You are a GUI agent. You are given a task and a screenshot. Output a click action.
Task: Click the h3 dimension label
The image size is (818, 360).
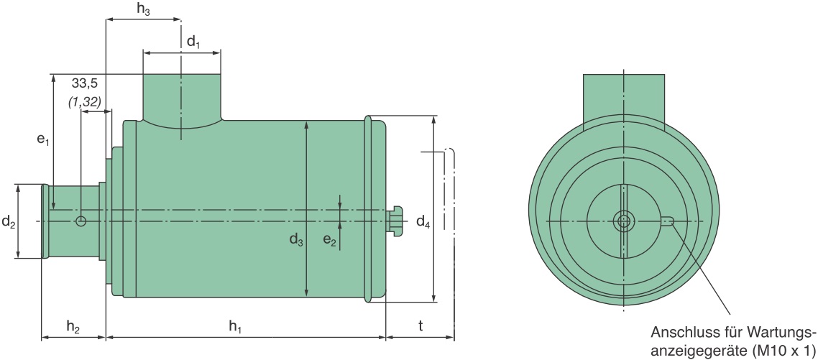click(x=144, y=9)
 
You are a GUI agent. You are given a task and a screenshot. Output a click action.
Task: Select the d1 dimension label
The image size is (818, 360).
click(x=193, y=42)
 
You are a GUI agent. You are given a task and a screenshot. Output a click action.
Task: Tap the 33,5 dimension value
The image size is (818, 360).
click(x=85, y=83)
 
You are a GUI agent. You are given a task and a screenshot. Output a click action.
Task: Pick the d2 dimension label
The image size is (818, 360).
click(x=9, y=222)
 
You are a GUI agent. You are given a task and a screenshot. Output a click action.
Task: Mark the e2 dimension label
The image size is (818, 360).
click(x=330, y=240)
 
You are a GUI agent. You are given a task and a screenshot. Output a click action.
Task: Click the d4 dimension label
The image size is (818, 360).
click(x=423, y=222)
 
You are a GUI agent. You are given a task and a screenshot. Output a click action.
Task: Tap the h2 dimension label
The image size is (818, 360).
click(x=73, y=327)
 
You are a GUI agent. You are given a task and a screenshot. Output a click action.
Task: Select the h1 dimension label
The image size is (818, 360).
click(x=236, y=327)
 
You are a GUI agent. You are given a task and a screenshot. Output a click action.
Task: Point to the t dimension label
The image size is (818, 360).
click(x=421, y=327)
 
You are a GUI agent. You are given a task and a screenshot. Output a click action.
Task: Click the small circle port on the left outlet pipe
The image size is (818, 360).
click(x=81, y=221)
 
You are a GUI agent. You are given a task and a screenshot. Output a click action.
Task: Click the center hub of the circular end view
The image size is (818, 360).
click(x=623, y=221)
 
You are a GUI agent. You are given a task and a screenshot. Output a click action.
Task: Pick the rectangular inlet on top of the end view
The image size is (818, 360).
click(x=624, y=100)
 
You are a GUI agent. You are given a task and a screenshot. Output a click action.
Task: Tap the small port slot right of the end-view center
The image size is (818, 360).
click(x=668, y=221)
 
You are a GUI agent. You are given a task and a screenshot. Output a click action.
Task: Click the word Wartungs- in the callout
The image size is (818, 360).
click(x=781, y=333)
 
